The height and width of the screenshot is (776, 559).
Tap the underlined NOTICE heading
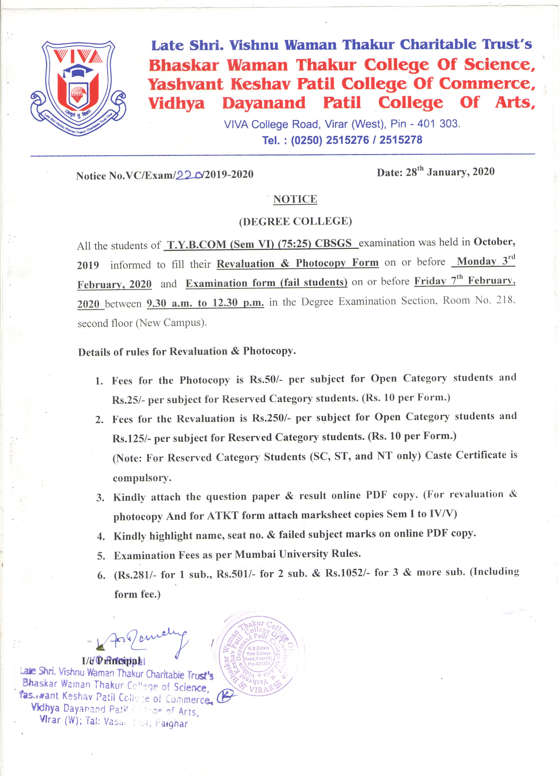coord(295,199)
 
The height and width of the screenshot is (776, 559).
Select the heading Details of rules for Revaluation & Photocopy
coord(187,352)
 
